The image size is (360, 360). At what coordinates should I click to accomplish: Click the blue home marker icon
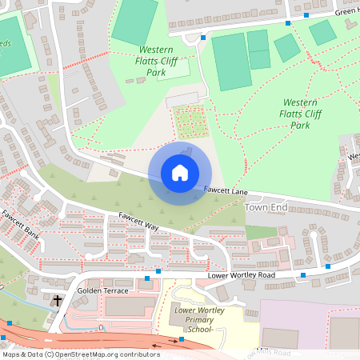point(180,173)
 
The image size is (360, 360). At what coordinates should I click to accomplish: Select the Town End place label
point(265,207)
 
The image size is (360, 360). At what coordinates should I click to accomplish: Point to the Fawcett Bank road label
point(19,222)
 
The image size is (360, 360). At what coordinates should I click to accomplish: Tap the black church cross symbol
point(58,302)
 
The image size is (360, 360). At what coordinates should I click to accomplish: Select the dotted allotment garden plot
point(190,122)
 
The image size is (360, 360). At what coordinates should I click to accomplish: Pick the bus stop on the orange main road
point(182,340)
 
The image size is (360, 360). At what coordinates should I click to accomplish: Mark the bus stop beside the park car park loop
point(203,38)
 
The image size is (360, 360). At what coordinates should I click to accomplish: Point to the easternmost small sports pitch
point(322,32)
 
